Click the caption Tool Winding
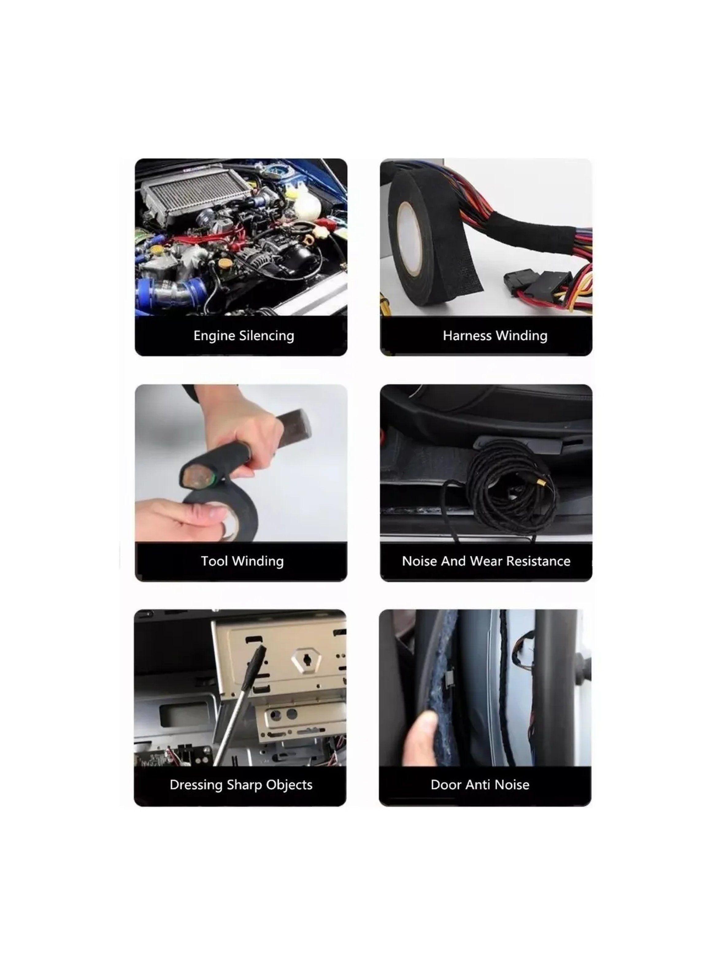point(242,561)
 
